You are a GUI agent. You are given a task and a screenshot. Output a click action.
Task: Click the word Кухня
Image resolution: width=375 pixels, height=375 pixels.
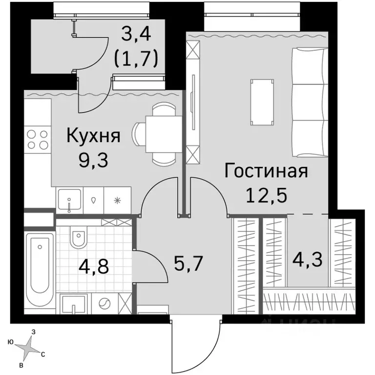pos(93,135)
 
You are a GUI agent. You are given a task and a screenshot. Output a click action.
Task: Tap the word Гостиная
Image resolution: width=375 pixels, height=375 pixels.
pos(266,171)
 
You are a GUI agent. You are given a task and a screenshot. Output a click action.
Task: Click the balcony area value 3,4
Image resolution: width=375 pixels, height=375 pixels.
pos(135,35)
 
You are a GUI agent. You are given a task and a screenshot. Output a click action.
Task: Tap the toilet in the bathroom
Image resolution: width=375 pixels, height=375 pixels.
pos(78,240)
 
